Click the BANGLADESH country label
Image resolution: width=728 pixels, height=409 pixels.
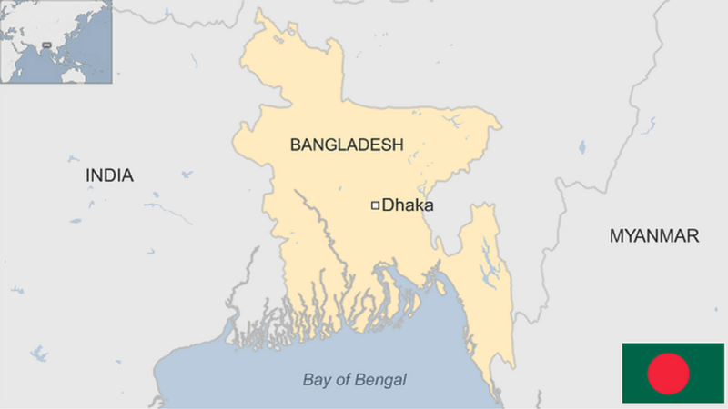(347, 144)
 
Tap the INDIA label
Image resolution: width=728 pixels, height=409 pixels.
(109, 175)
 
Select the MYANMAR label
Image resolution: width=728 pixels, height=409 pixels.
(654, 236)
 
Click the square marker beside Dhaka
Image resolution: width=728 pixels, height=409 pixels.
(374, 205)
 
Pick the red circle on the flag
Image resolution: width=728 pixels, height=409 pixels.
(669, 374)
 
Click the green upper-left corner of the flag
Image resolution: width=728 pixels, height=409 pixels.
(628, 349)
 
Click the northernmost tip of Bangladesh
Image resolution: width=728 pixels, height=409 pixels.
(259, 13)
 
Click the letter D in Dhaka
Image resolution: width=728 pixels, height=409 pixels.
(388, 205)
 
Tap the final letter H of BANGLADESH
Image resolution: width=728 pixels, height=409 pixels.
(399, 144)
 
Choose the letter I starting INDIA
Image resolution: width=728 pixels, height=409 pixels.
(88, 175)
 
